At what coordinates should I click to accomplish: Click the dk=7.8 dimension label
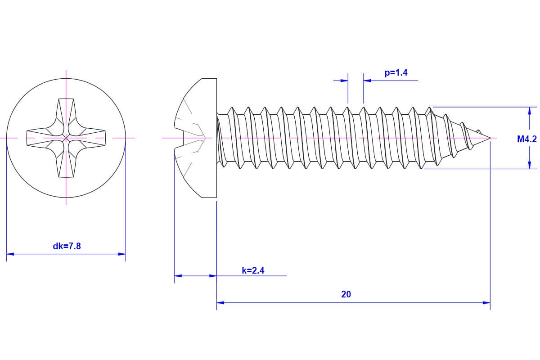[x=67, y=246]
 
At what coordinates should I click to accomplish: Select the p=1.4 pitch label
[x=396, y=72]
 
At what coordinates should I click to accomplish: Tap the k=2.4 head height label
[x=253, y=270]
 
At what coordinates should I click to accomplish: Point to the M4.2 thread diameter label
[x=526, y=139]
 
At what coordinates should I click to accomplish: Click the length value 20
[x=346, y=294]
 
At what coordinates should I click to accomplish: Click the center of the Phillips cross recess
[x=66, y=137]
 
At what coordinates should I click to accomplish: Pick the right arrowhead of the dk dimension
[x=122, y=254]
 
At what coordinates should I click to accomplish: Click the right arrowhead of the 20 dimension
[x=486, y=303]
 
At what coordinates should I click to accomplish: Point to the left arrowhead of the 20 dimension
[x=220, y=303]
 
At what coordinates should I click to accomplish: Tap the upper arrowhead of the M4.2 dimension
[x=530, y=111]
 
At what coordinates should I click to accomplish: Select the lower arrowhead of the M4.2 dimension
[x=530, y=165]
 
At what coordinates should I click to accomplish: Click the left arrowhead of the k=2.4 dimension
[x=178, y=275]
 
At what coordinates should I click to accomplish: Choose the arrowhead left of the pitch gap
[x=344, y=81]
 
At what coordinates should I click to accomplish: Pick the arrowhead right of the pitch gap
[x=367, y=81]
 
